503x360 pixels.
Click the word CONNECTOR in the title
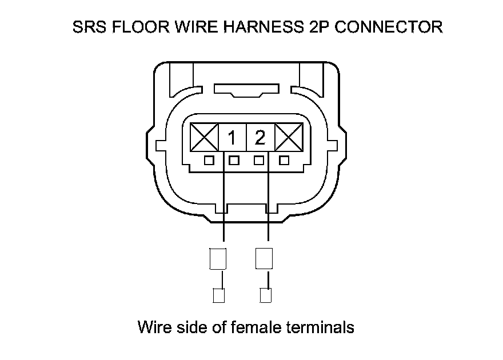[388, 27]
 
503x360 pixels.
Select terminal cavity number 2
[260, 138]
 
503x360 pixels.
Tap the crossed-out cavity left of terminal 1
[204, 138]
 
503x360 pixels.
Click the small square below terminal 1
[233, 161]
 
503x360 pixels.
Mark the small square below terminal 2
[259, 161]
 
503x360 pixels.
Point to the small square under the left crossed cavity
[209, 161]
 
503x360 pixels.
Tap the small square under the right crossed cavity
[284, 161]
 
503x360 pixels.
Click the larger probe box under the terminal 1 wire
[218, 258]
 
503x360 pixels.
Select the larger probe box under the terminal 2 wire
[264, 258]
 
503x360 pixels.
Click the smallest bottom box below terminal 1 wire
[218, 295]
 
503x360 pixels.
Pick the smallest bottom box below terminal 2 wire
[265, 295]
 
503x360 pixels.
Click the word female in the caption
[254, 327]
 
